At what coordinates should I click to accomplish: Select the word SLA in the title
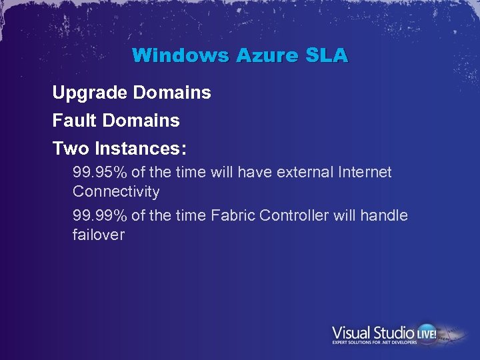click(326, 55)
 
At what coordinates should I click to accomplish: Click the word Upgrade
click(90, 93)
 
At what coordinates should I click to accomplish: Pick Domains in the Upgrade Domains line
click(172, 93)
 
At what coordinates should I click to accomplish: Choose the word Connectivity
click(116, 192)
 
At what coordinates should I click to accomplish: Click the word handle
click(383, 215)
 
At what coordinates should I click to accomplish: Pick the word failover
click(99, 235)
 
